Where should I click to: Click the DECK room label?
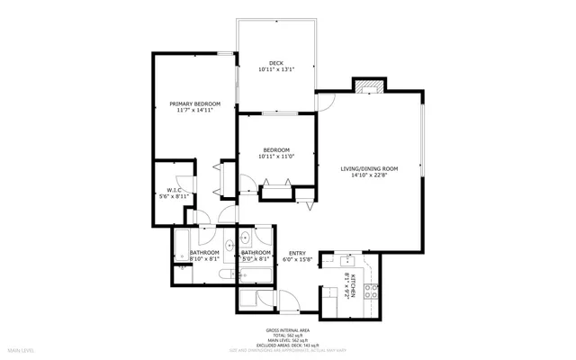(276, 62)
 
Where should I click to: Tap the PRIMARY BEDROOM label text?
(194, 104)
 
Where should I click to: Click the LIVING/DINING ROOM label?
(369, 168)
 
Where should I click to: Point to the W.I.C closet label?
(171, 190)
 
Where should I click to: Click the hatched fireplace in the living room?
(367, 86)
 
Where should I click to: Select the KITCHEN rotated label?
(355, 285)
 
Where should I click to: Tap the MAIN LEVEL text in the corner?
(21, 349)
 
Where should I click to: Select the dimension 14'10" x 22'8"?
(369, 176)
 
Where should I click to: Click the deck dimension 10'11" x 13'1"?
(276, 69)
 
